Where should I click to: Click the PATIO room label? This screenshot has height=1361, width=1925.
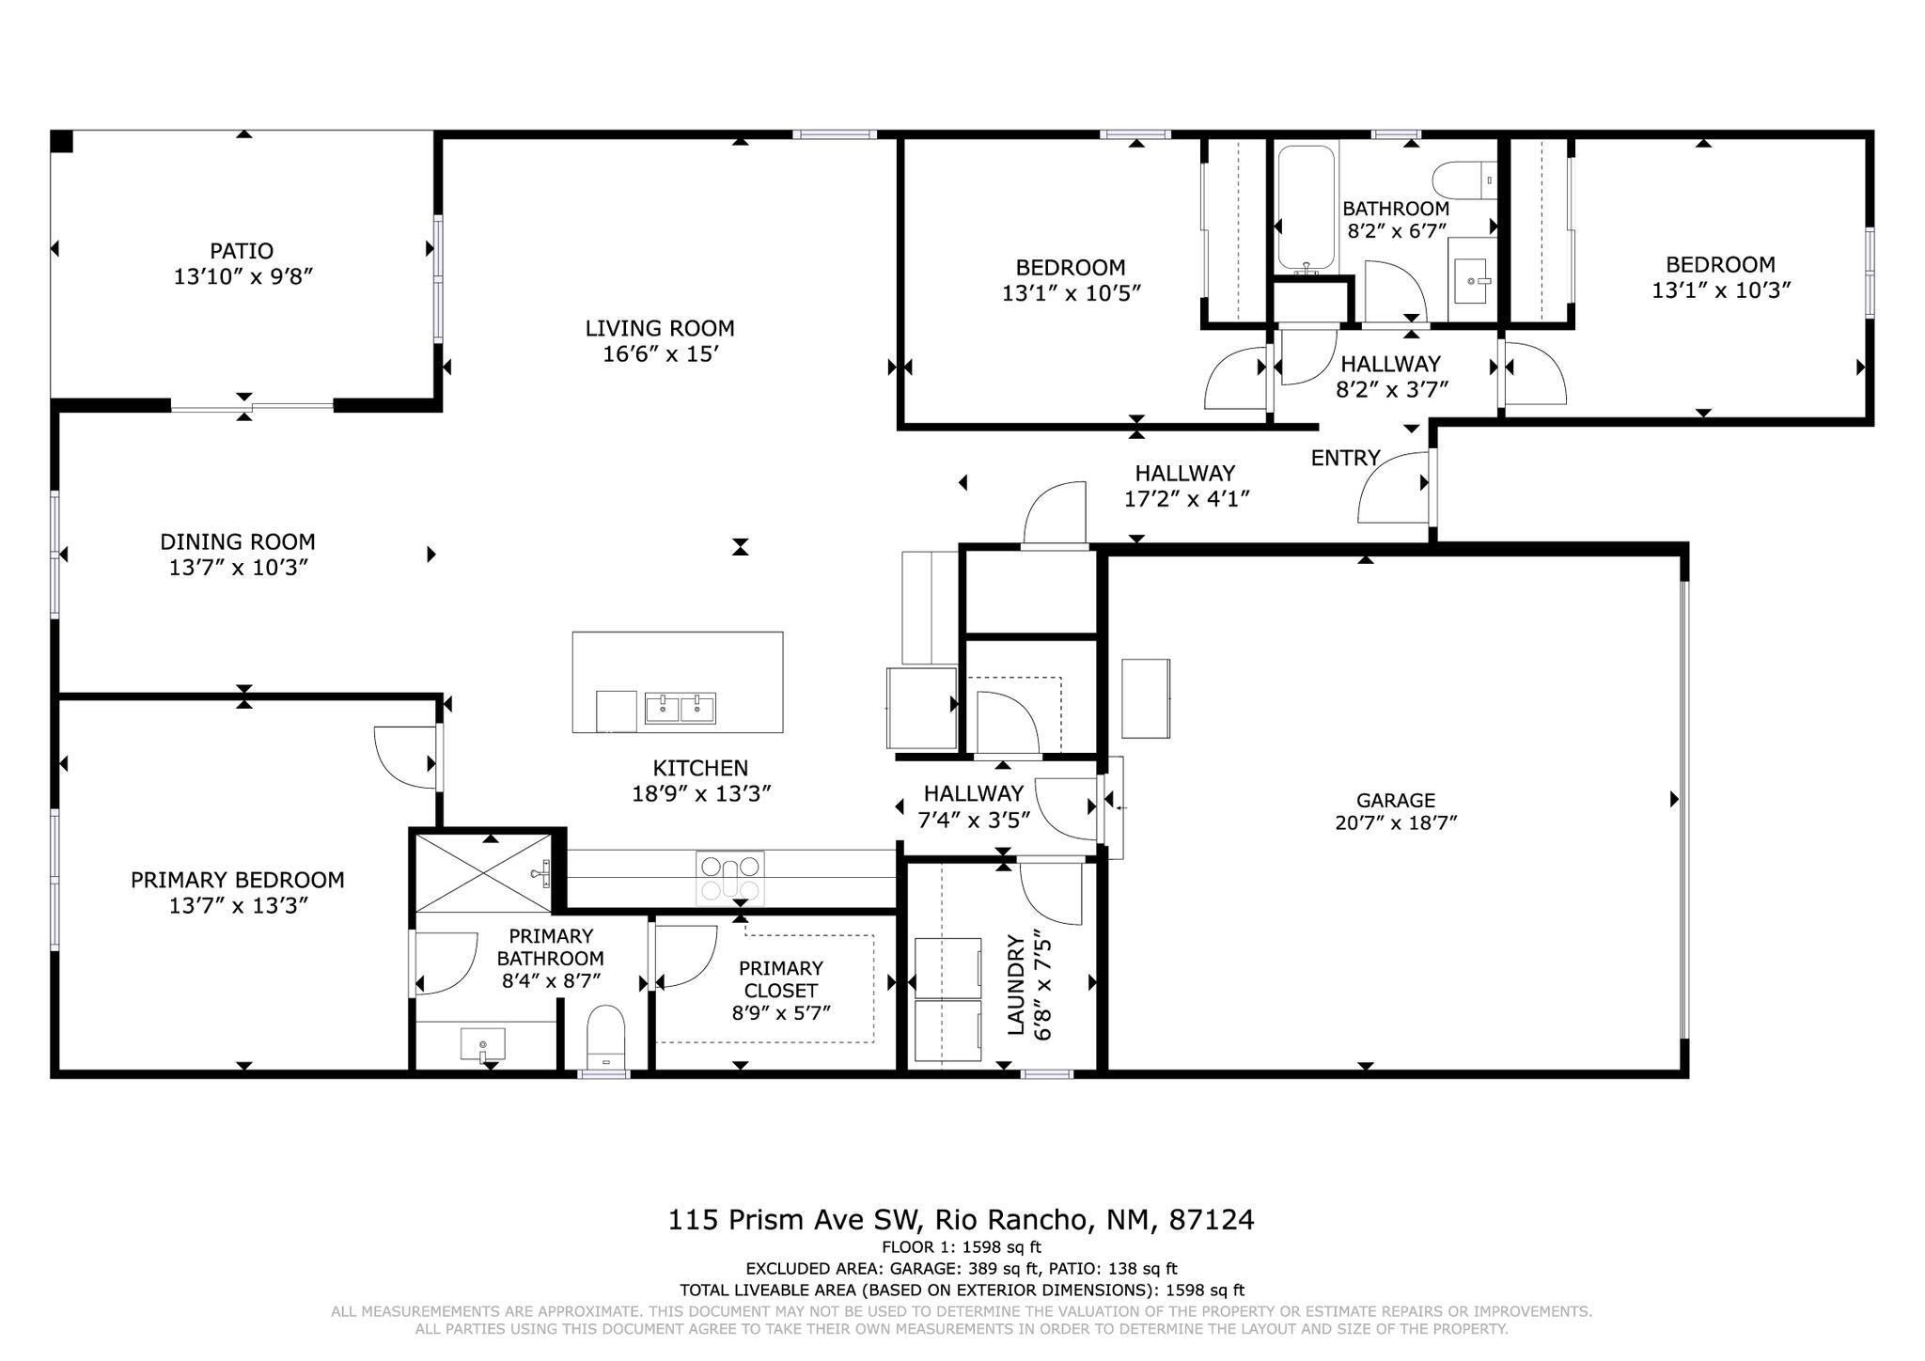point(242,251)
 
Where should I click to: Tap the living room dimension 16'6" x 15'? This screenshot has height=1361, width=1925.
point(660,354)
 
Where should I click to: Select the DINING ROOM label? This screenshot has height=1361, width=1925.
point(238,541)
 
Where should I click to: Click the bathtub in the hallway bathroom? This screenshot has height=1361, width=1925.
point(1306,207)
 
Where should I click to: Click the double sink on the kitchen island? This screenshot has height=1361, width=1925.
point(680,708)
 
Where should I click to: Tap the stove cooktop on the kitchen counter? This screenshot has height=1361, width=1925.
point(730,878)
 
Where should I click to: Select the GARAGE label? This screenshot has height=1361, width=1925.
point(1395,800)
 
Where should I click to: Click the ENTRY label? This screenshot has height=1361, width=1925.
point(1345,458)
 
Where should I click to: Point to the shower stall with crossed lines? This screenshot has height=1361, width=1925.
point(483,873)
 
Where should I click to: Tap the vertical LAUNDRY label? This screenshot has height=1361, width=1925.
point(1016,985)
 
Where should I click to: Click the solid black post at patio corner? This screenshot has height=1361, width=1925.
point(61,141)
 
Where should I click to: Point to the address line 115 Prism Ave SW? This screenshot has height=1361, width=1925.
point(961,1220)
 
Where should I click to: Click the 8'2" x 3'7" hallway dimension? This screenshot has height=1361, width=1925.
point(1391,388)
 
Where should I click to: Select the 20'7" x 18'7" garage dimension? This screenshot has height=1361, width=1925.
point(1395,823)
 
